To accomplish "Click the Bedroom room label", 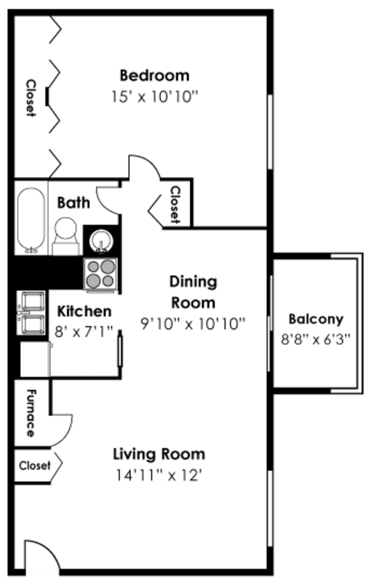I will [154, 75].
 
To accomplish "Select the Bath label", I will [73, 203].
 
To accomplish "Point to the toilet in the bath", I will [65, 233].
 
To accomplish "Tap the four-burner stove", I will [101, 274].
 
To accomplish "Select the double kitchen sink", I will [31, 312].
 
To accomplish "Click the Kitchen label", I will [84, 311].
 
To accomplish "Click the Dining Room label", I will [192, 291].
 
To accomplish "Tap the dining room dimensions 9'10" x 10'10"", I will [193, 324].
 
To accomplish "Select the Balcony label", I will [315, 319].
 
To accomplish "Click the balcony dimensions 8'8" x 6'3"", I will [315, 339].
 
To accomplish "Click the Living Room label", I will [159, 454].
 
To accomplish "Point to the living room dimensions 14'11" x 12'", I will [159, 475].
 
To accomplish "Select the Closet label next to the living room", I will [34, 465].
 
